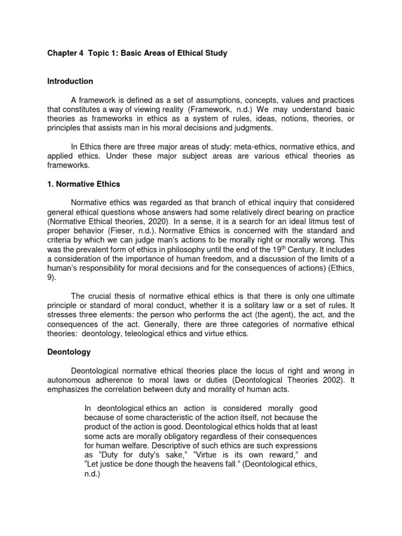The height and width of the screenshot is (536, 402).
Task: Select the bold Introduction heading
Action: pyautogui.click(x=70, y=81)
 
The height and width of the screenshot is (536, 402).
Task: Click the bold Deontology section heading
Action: pyautogui.click(x=69, y=352)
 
